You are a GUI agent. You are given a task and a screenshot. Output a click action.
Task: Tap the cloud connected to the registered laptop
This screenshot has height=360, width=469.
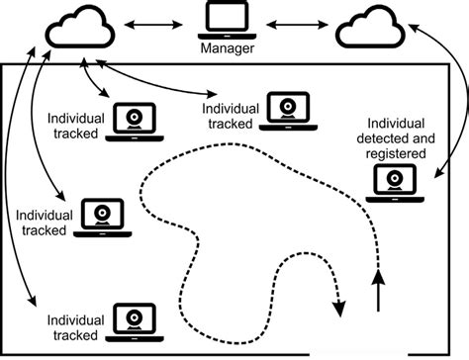click(x=370, y=29)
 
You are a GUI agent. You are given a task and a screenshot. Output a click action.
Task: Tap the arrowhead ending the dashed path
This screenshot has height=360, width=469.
click(x=340, y=310)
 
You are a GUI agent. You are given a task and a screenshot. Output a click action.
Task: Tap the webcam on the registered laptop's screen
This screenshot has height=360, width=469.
click(x=394, y=179)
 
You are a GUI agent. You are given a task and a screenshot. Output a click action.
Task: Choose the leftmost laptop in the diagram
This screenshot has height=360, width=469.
click(x=102, y=217)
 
